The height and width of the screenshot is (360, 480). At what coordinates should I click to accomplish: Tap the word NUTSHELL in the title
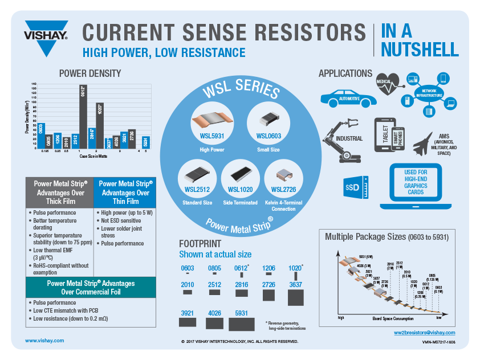[x=419, y=50]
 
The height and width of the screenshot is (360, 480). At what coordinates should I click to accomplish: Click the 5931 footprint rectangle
[x=242, y=323]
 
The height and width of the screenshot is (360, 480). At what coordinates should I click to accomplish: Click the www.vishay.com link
[x=44, y=339]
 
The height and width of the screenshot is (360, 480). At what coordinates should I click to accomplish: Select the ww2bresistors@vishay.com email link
[x=424, y=332]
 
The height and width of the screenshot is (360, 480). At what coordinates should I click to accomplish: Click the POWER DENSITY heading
[x=90, y=73]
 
